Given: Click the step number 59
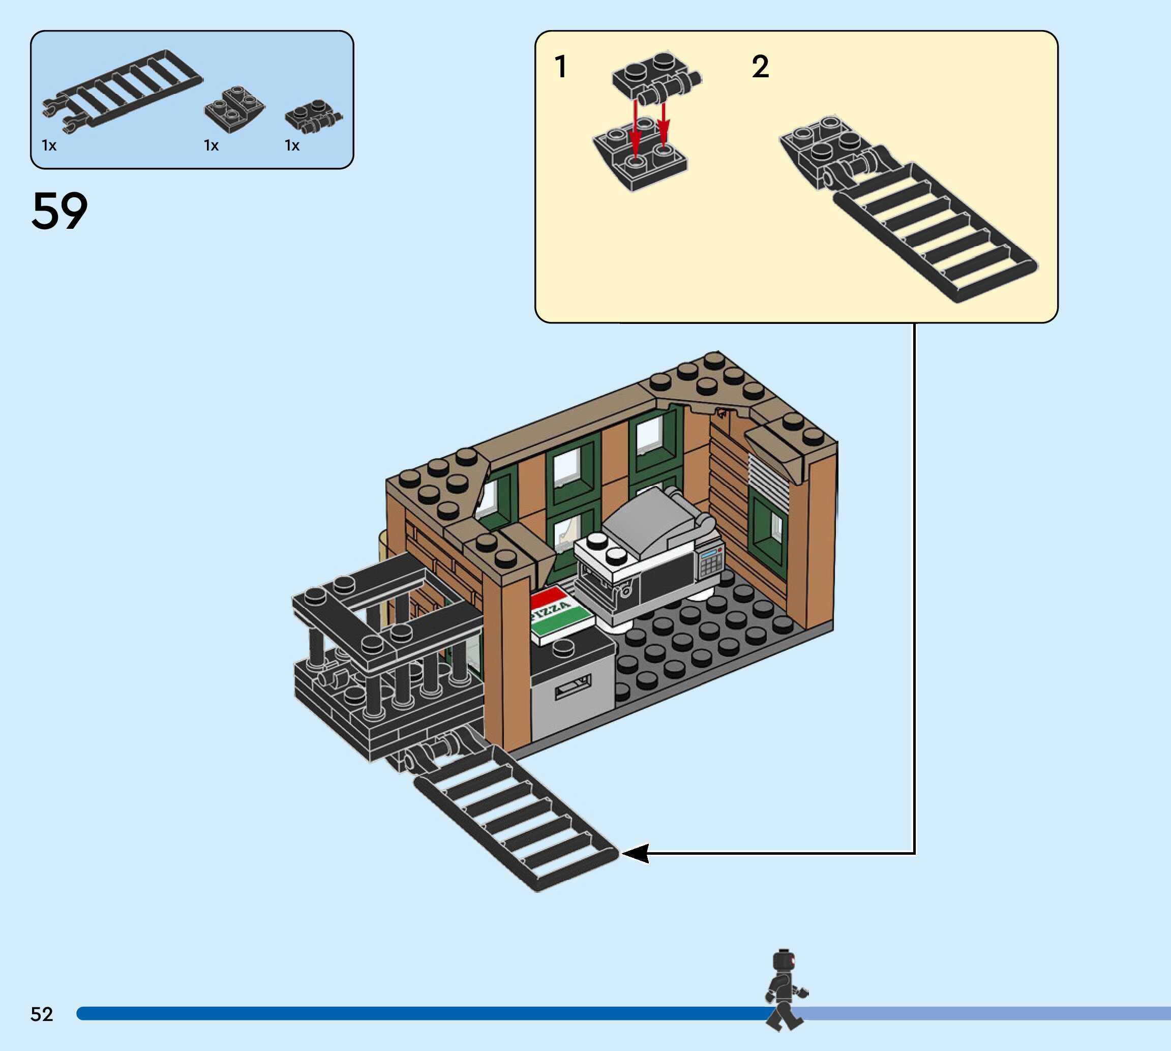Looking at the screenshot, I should point(59,212).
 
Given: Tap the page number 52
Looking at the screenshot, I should point(42,1014).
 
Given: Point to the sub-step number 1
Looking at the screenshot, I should point(561,67).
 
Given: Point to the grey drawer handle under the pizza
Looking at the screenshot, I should point(573,688).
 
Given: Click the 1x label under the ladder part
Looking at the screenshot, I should point(49,145).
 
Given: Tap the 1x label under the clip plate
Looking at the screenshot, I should point(292,145).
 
